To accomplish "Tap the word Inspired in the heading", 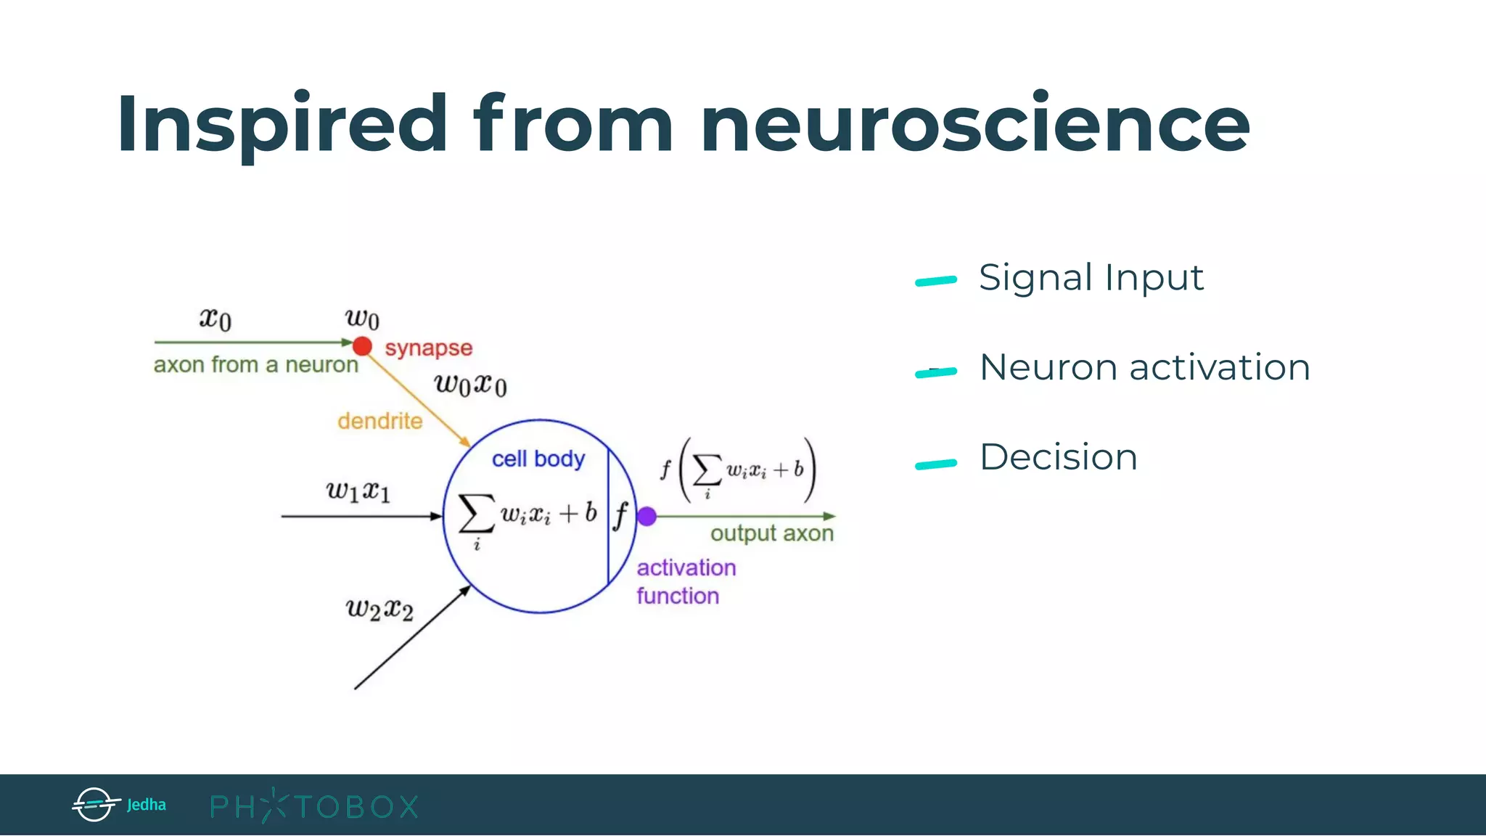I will [282, 125].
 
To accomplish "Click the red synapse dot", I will [363, 346].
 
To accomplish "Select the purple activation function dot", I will [646, 516].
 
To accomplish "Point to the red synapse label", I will [428, 348].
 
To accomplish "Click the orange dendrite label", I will [379, 421].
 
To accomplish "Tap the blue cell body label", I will [538, 459].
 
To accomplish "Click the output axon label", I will [771, 533].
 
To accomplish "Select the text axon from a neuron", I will [255, 364].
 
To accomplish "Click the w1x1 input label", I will [358, 491].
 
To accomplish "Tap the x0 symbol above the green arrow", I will [215, 318].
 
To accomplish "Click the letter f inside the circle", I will [620, 516].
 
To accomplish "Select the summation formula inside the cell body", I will [528, 517].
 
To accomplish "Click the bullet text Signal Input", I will [1091, 277].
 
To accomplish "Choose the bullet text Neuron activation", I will [1144, 367].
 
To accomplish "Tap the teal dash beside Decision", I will [936, 464].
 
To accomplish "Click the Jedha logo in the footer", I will [119, 804].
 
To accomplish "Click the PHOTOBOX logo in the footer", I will [313, 806].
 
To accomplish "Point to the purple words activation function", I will [685, 581].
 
